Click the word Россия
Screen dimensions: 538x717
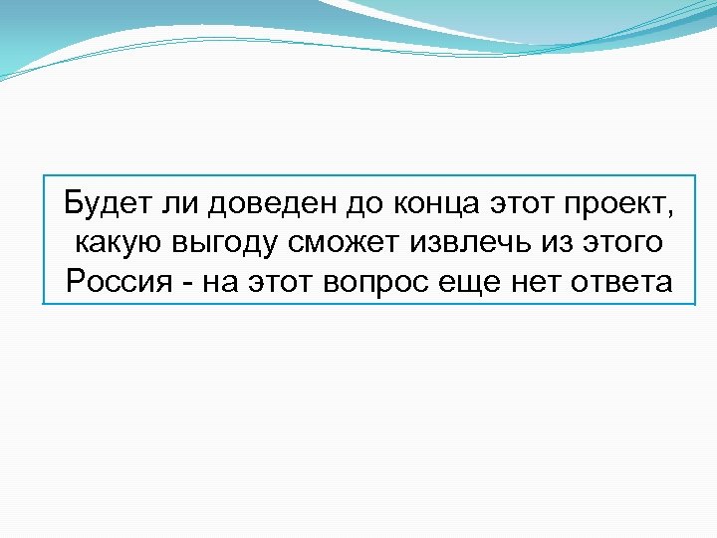[x=109, y=283]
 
